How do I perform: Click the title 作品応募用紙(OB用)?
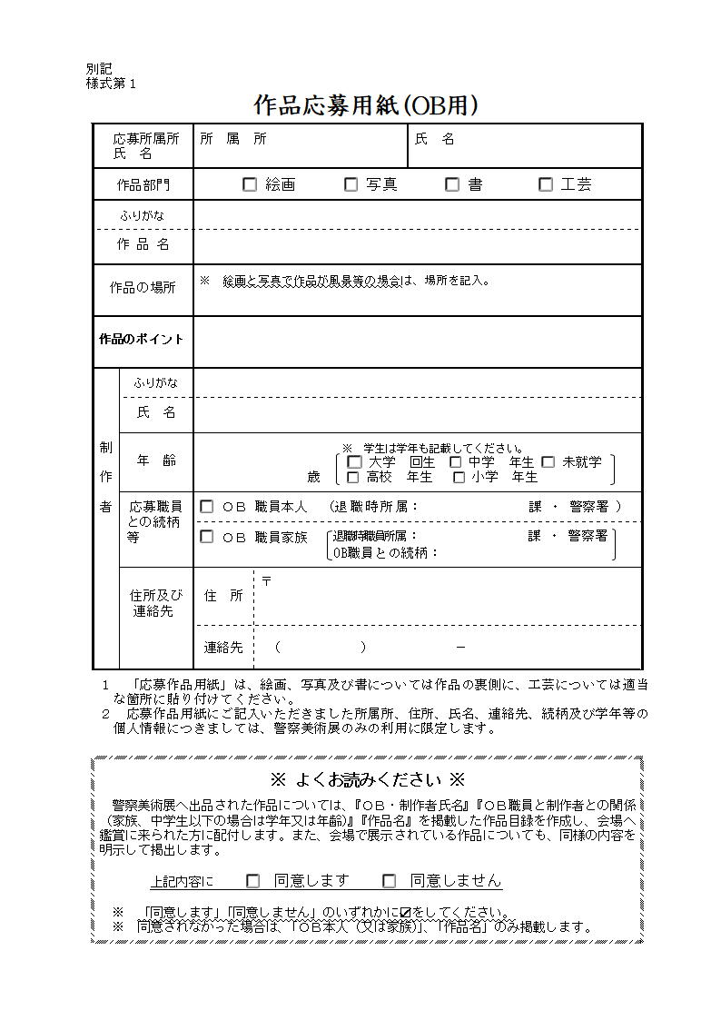(365, 105)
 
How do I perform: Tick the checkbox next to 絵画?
(250, 184)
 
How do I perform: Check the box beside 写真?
(351, 184)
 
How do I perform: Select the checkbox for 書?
(452, 184)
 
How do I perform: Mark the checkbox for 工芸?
(546, 184)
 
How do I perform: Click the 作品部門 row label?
(143, 184)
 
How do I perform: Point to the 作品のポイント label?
(141, 339)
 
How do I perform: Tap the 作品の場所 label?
(143, 287)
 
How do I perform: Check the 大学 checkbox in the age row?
(354, 462)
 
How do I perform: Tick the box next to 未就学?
(548, 462)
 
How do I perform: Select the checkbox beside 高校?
(354, 477)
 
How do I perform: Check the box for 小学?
(459, 477)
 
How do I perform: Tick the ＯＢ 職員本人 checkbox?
(207, 507)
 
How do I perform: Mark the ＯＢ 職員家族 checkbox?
(207, 537)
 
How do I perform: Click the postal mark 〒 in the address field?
(266, 580)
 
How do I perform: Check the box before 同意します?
(253, 880)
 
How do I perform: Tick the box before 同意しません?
(390, 880)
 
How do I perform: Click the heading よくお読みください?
(368, 779)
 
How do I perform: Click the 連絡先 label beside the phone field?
(223, 648)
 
